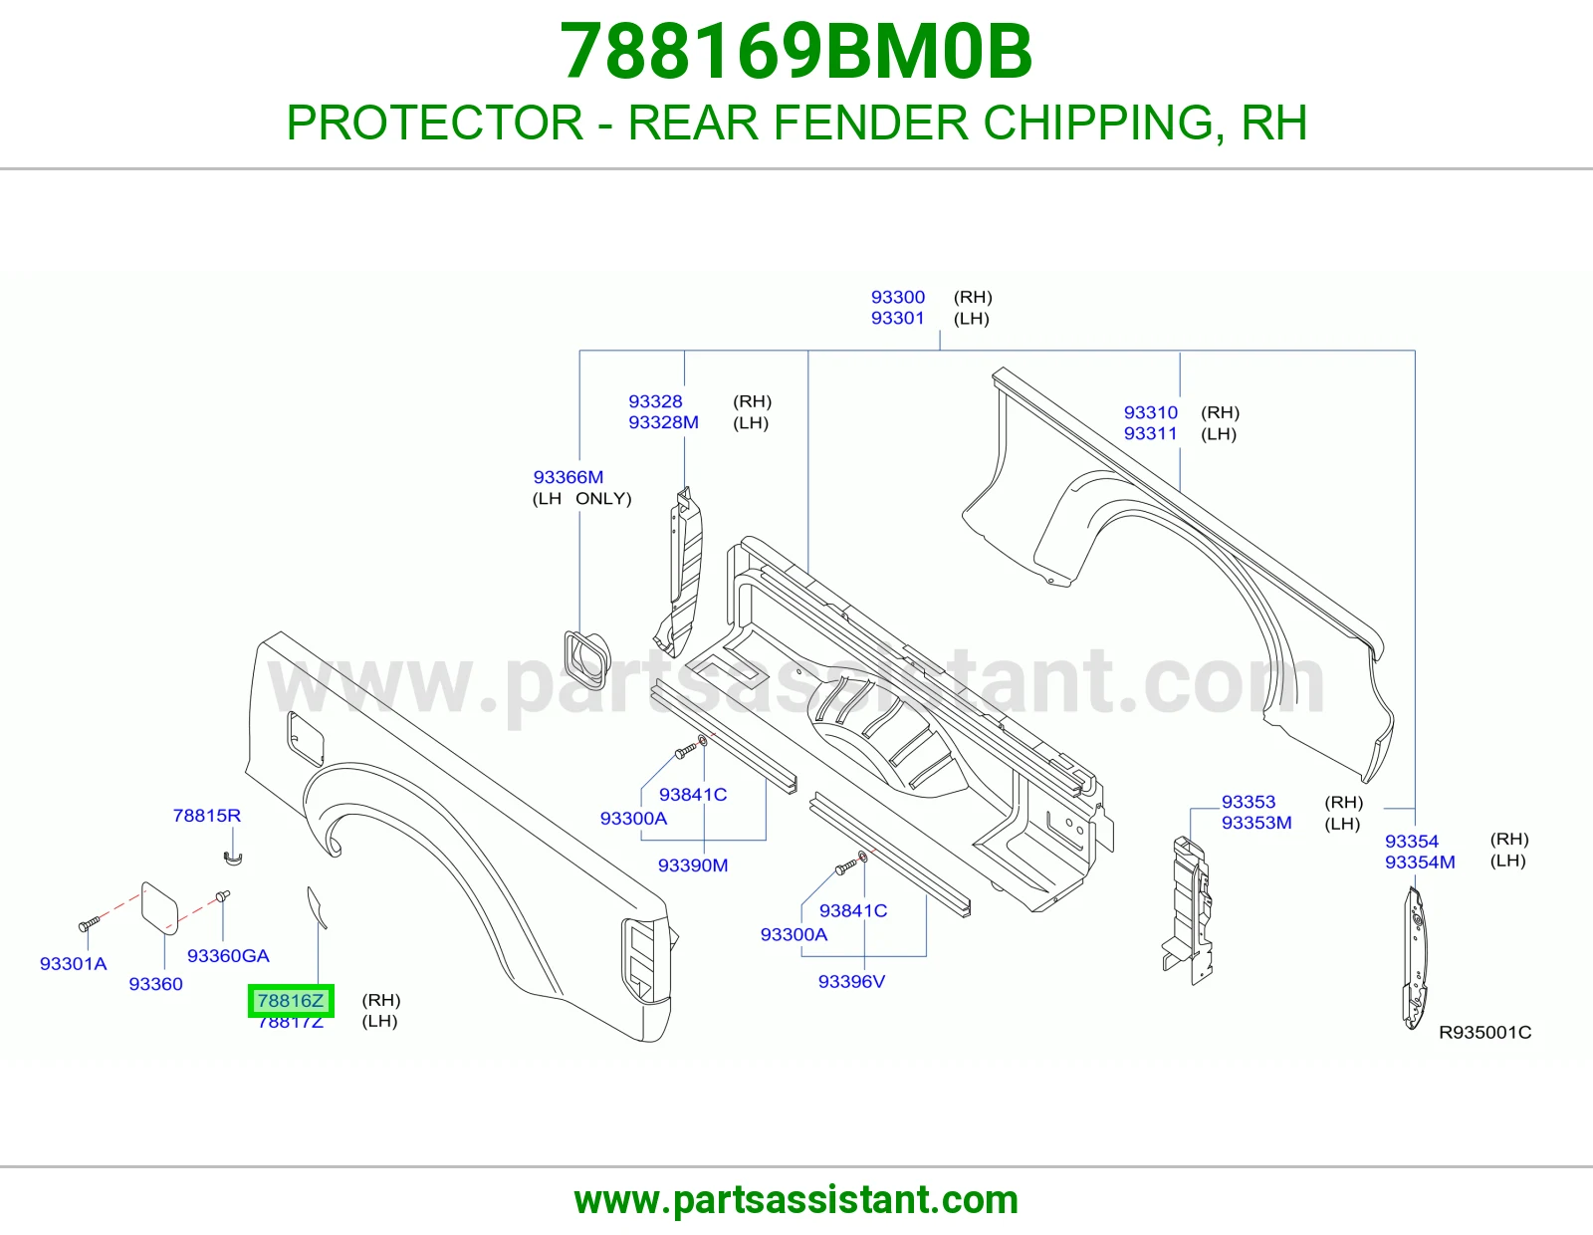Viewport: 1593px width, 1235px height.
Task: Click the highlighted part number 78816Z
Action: pyautogui.click(x=291, y=1000)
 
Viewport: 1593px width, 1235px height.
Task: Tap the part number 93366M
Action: pyautogui.click(x=569, y=477)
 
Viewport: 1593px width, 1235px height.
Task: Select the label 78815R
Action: pyautogui.click(x=207, y=816)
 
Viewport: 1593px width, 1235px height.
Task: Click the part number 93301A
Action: pyautogui.click(x=74, y=964)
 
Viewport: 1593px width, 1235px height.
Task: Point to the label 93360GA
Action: pyautogui.click(x=228, y=955)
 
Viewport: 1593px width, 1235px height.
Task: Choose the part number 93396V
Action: pyautogui.click(x=852, y=981)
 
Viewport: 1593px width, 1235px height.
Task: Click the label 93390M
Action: pyautogui.click(x=693, y=865)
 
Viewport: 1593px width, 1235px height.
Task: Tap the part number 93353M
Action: pyautogui.click(x=1256, y=823)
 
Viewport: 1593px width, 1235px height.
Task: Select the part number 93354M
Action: pyautogui.click(x=1420, y=863)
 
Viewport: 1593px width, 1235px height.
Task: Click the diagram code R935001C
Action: pyautogui.click(x=1485, y=1033)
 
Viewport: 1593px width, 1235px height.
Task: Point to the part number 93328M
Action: pyautogui.click(x=663, y=422)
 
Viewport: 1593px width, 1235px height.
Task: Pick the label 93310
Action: pyautogui.click(x=1151, y=412)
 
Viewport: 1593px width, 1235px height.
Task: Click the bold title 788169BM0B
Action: pyautogui.click(x=796, y=51)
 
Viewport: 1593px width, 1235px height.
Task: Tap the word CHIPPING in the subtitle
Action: pyautogui.click(x=1097, y=123)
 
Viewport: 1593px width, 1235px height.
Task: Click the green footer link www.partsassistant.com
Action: pyautogui.click(x=796, y=1200)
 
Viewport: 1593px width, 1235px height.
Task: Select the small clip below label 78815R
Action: pyautogui.click(x=232, y=859)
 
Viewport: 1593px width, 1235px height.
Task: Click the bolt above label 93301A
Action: pyautogui.click(x=89, y=923)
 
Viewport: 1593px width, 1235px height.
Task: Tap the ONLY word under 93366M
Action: pyautogui.click(x=603, y=499)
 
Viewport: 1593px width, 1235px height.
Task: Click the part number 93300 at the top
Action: pyautogui.click(x=898, y=297)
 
